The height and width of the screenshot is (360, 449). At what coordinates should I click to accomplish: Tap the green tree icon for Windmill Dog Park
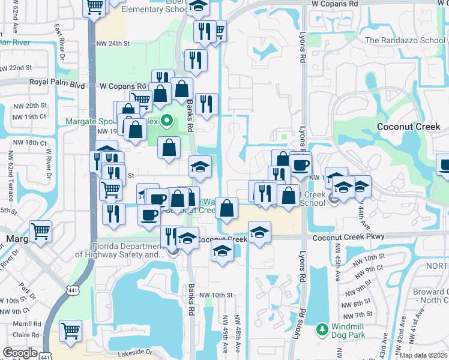(x=322, y=329)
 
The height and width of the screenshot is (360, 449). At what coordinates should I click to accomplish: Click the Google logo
(x=20, y=353)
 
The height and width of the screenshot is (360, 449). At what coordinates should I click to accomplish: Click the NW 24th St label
(x=112, y=43)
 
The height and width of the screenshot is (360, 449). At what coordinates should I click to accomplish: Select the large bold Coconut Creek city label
(x=408, y=127)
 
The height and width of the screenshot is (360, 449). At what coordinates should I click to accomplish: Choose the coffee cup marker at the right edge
(x=444, y=164)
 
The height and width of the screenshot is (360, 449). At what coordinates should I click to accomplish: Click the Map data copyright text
(x=424, y=355)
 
